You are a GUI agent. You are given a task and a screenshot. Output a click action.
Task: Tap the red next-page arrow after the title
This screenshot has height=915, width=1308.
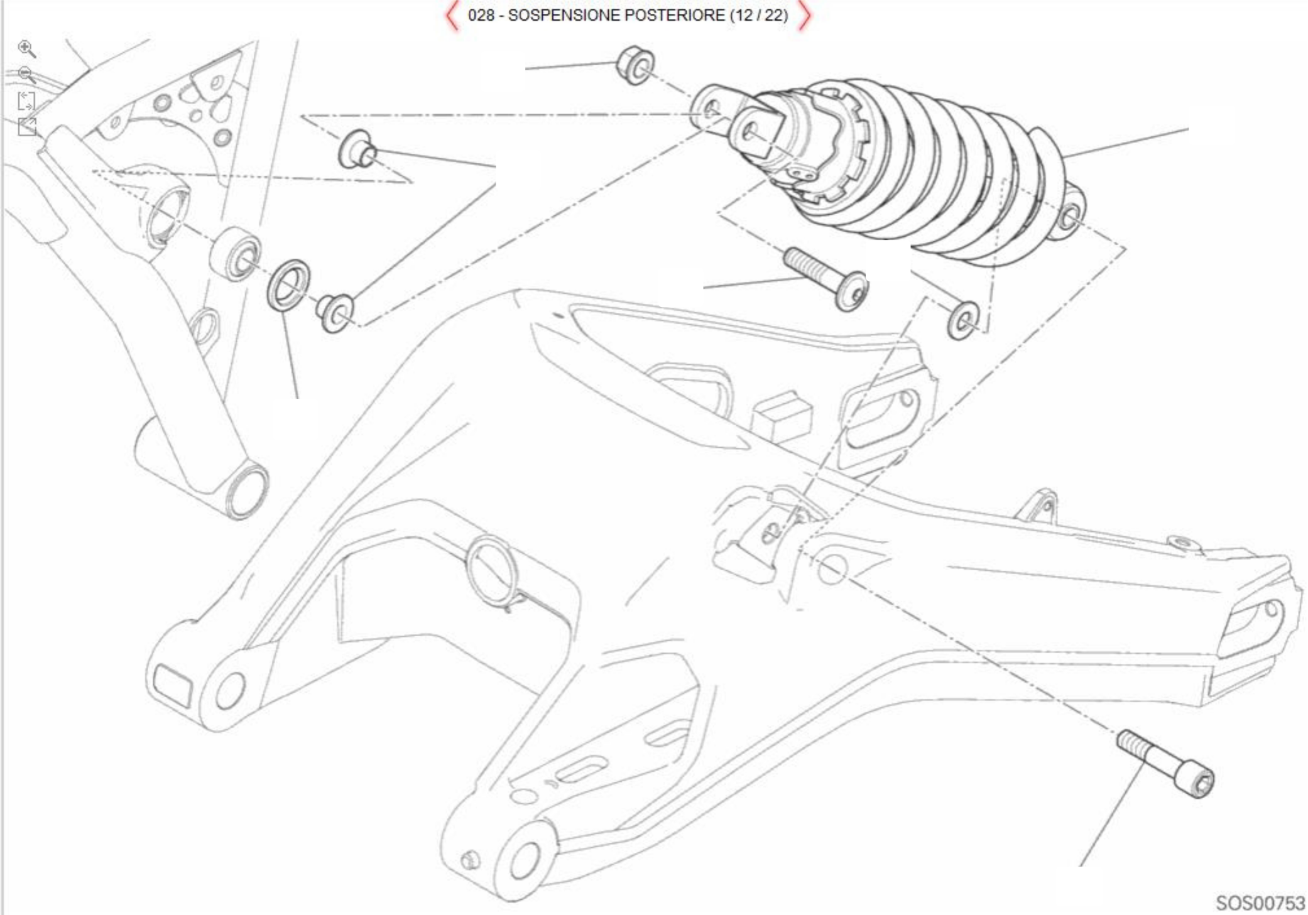coord(804,16)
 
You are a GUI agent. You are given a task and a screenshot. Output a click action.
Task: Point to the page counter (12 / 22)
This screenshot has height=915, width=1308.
coord(758,15)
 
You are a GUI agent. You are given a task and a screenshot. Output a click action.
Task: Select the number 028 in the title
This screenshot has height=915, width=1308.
coord(481,15)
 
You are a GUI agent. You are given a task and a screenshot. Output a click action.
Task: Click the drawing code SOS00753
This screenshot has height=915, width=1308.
coord(1260,903)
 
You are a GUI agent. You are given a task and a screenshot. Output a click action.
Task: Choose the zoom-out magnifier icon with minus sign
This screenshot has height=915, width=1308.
coord(27,75)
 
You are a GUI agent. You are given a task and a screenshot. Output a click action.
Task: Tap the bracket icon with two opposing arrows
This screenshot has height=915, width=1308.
coord(26,100)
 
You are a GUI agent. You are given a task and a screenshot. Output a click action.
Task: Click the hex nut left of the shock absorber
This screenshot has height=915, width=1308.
coord(635,65)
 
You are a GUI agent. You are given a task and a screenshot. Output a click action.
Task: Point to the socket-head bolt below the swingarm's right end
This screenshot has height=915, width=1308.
coord(1165,763)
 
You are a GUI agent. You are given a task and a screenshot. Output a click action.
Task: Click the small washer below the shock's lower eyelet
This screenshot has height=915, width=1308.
coord(963,320)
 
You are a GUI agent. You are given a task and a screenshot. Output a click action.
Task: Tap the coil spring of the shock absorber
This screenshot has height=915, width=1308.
coord(930,170)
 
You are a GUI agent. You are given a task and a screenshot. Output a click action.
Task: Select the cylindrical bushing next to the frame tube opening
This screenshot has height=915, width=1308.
coord(234,252)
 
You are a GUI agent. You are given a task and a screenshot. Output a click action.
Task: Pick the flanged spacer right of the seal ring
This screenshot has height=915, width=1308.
coord(335,312)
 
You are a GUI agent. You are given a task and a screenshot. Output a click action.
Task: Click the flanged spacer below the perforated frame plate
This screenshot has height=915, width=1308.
coord(357,150)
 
